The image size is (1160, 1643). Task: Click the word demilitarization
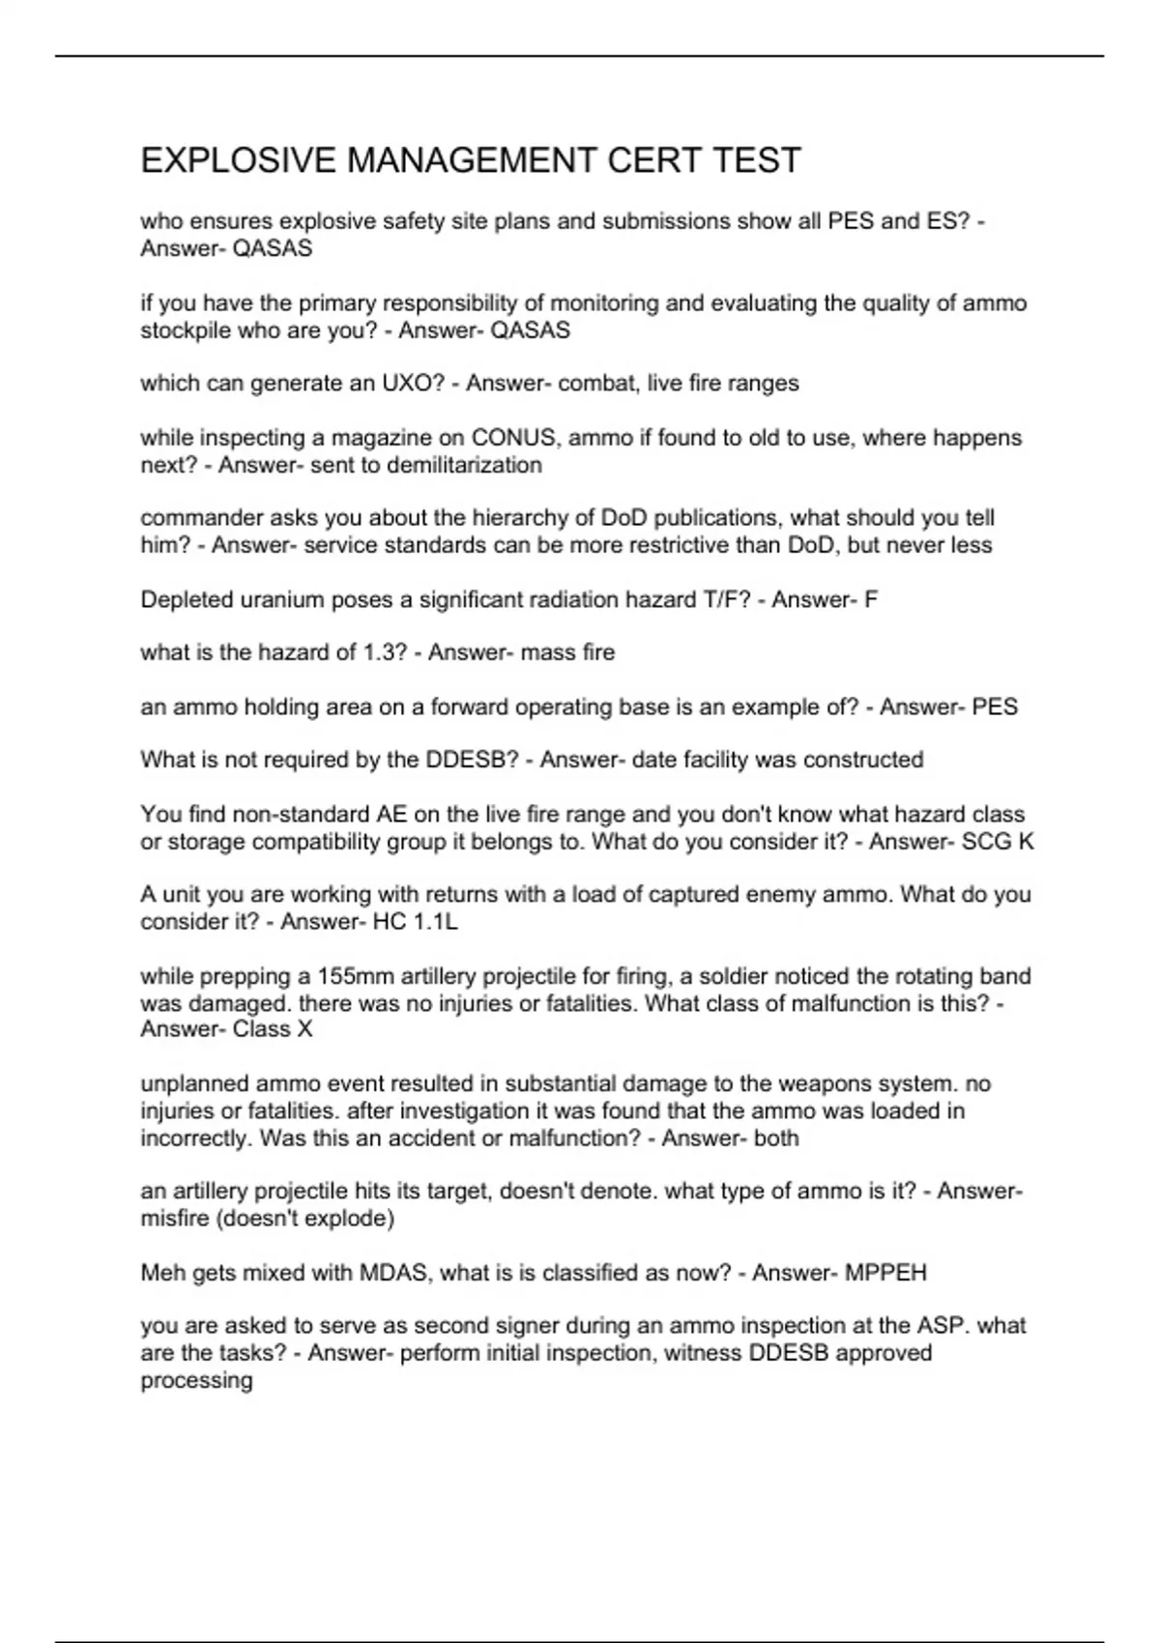(464, 465)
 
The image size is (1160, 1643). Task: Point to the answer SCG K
(998, 841)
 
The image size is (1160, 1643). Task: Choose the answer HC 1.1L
(415, 922)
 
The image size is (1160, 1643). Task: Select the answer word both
(776, 1138)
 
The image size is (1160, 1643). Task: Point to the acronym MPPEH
(885, 1273)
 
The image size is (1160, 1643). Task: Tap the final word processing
(196, 1380)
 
